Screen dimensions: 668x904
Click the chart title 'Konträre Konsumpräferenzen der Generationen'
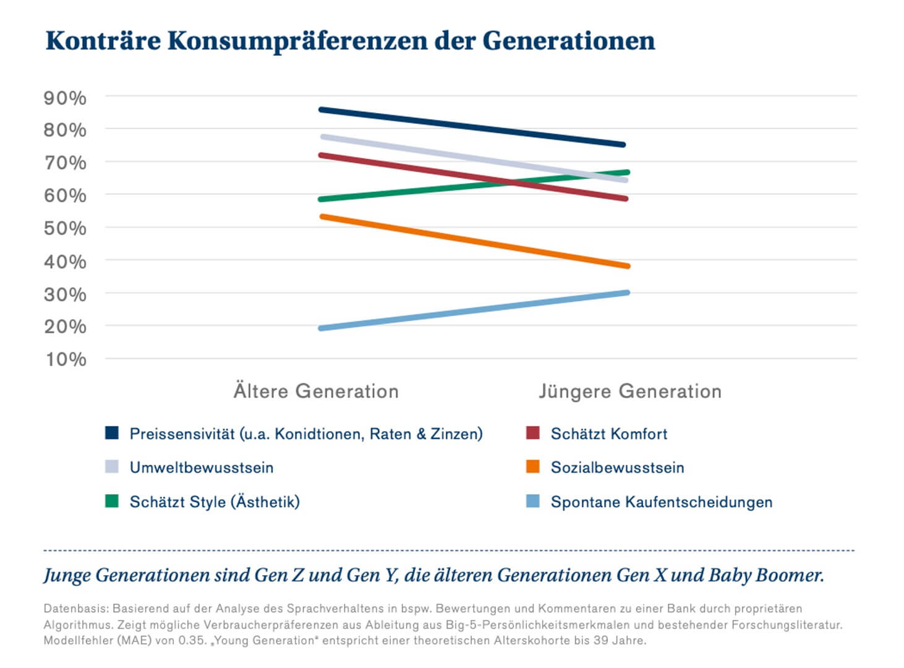[x=350, y=41]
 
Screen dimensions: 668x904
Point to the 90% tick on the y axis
[x=65, y=98]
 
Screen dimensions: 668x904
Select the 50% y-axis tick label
[x=65, y=228]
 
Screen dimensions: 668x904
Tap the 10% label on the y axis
[x=65, y=359]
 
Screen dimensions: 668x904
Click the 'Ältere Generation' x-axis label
[x=316, y=392]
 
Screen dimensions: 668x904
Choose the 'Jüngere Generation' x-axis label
[x=629, y=392]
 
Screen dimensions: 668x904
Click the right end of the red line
[x=625, y=199]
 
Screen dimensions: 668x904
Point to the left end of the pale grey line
[x=323, y=137]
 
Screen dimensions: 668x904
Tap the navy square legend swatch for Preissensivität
[x=112, y=433]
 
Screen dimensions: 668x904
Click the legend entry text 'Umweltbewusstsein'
[x=202, y=468]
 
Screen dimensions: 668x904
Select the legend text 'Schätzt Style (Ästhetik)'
[x=215, y=502]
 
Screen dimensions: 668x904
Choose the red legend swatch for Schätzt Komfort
[x=532, y=433]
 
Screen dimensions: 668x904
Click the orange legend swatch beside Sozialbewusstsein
[x=532, y=467]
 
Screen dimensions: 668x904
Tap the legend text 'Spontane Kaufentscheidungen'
[x=661, y=502]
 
